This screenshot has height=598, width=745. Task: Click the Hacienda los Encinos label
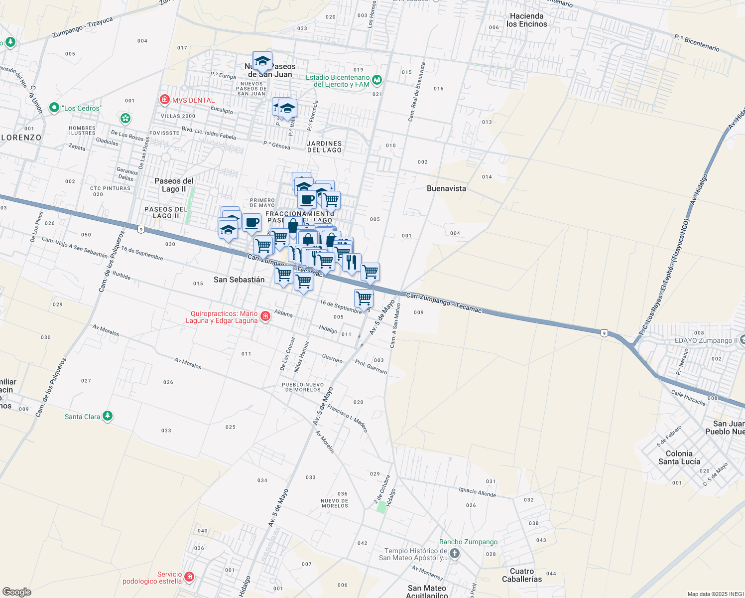526,20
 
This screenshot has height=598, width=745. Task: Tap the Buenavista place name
446,188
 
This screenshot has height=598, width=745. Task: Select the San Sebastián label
239,280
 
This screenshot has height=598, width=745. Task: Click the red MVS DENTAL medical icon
164,100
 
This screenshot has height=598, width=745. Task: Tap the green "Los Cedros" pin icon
54,108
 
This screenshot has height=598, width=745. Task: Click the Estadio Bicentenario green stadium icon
377,80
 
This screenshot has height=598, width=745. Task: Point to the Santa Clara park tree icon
107,416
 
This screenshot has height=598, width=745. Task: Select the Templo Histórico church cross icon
454,554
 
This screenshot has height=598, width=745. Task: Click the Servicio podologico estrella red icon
189,577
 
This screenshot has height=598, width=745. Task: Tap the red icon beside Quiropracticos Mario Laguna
265,316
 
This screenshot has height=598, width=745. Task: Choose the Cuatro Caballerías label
522,575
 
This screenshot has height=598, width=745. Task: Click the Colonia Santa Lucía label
679,457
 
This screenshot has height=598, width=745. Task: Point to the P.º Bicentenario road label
697,43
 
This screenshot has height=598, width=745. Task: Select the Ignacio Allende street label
477,492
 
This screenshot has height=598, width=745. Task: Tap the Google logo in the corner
16,592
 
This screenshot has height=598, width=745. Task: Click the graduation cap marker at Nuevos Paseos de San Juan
262,61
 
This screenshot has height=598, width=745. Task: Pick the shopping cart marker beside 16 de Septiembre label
364,299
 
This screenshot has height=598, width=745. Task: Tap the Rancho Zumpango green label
468,542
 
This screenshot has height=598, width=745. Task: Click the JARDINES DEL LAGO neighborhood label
324,147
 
